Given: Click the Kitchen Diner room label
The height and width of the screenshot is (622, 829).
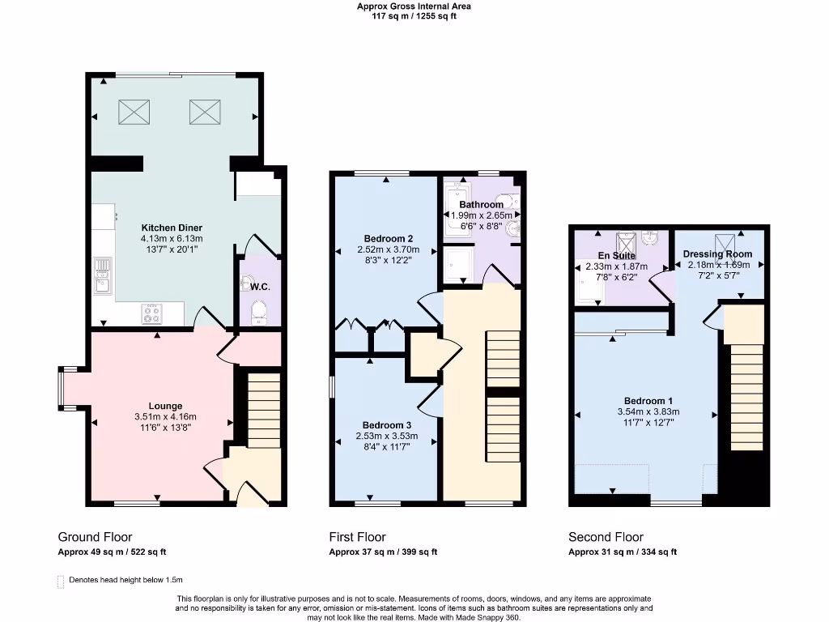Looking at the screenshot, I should pyautogui.click(x=172, y=228).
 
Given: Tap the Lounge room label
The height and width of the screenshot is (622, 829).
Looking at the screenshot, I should pyautogui.click(x=165, y=406).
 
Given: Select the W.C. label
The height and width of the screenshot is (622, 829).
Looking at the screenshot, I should pyautogui.click(x=259, y=286).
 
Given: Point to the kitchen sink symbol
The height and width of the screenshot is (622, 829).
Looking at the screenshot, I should pyautogui.click(x=103, y=274).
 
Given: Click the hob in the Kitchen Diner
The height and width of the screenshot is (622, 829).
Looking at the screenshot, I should pyautogui.click(x=152, y=313).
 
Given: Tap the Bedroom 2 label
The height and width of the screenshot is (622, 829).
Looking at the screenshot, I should pyautogui.click(x=389, y=239).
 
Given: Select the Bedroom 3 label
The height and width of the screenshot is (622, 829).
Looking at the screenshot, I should pyautogui.click(x=388, y=425).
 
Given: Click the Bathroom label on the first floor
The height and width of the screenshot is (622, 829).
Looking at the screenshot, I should pyautogui.click(x=482, y=205).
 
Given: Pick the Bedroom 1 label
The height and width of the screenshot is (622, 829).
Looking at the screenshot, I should pyautogui.click(x=648, y=401).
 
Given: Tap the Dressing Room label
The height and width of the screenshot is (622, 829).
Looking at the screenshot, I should pyautogui.click(x=718, y=253).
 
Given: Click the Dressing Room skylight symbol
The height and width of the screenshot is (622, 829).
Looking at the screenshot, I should pyautogui.click(x=722, y=241).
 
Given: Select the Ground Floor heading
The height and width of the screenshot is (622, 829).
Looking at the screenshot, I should pyautogui.click(x=95, y=537).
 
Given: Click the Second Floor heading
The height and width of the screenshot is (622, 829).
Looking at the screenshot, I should pyautogui.click(x=606, y=537).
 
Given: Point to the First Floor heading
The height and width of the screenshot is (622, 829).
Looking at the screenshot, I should pyautogui.click(x=357, y=537).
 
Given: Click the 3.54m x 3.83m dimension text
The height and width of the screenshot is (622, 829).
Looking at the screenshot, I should pyautogui.click(x=648, y=411).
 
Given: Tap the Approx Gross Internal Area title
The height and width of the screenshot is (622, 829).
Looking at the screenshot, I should pyautogui.click(x=414, y=6).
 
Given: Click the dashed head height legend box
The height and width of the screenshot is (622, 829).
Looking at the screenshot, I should pyautogui.click(x=61, y=581).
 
